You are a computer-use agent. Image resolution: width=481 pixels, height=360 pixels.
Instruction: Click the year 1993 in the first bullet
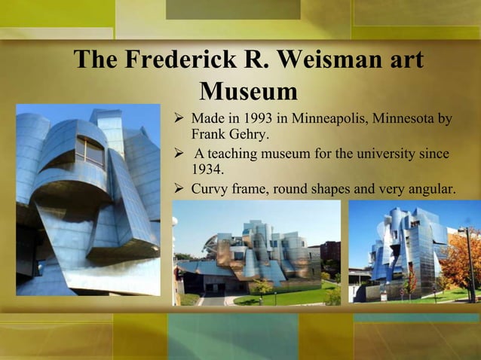click(265, 119)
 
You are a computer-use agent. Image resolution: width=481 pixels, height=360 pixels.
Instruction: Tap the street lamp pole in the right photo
click(471, 264)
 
